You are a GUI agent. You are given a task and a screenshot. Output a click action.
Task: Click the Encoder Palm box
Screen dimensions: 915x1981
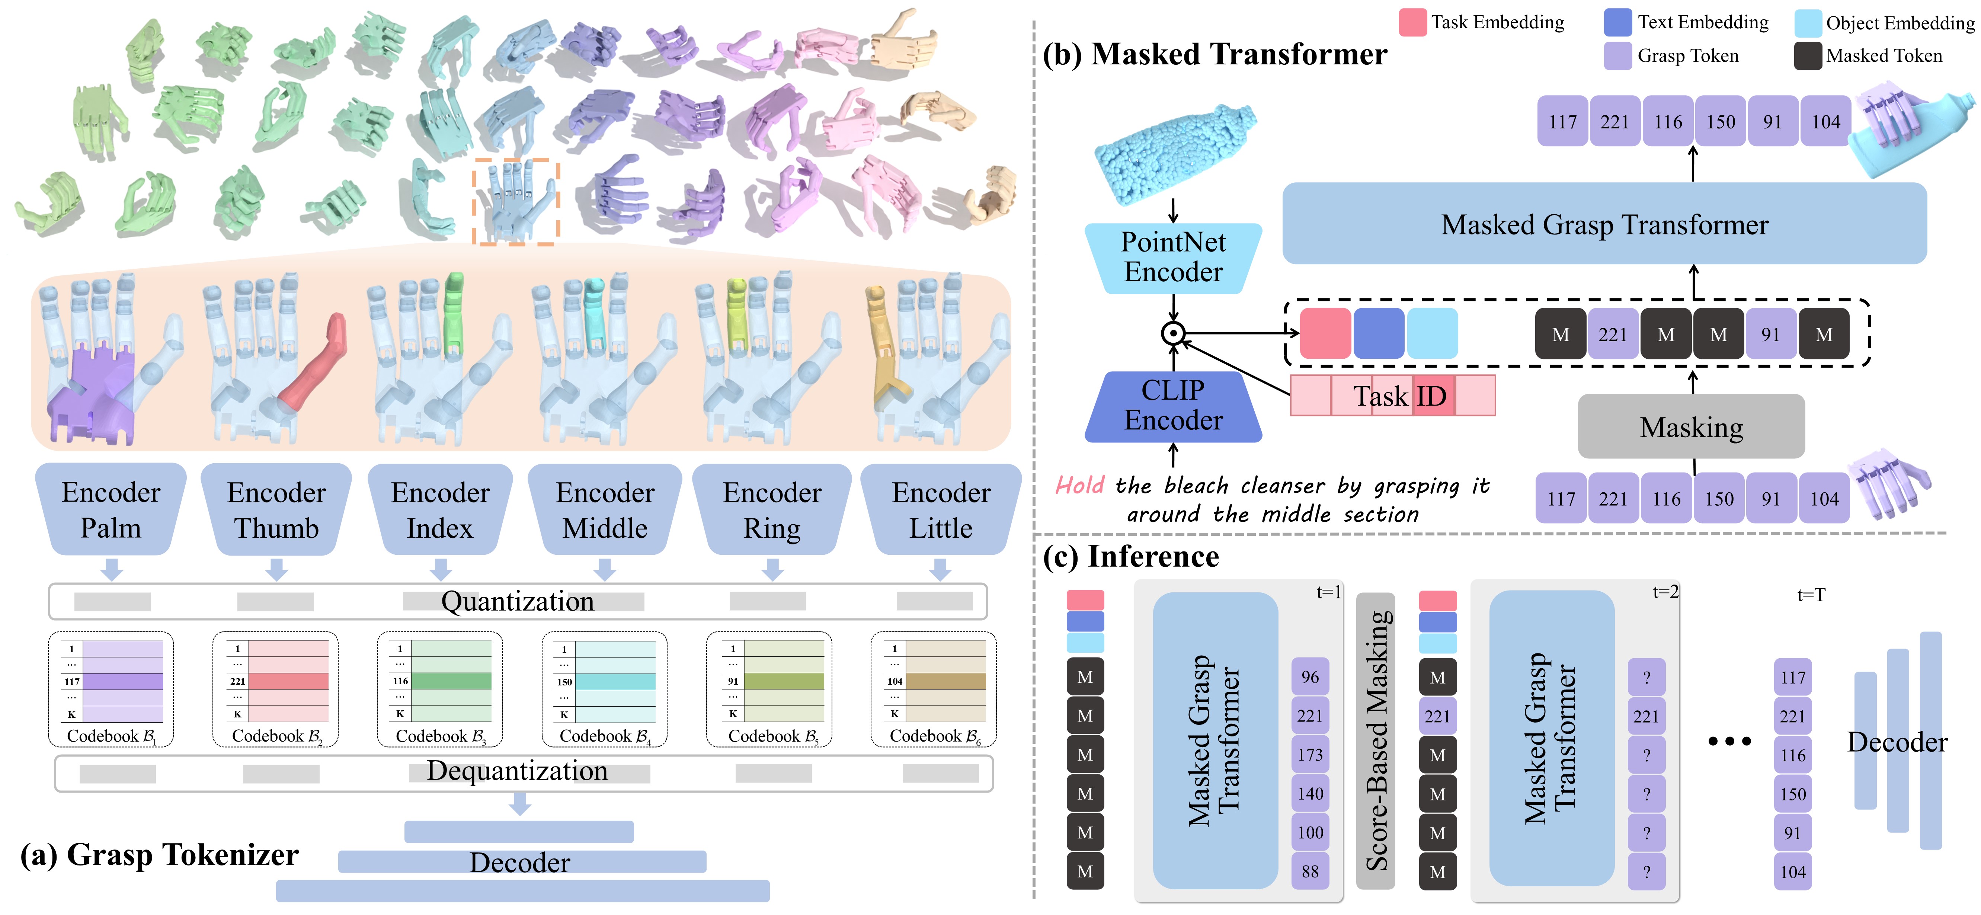click(111, 509)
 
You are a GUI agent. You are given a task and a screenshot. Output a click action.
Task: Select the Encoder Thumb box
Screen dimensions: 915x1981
click(276, 509)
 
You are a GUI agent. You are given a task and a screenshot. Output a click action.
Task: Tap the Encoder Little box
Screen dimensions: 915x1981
click(941, 509)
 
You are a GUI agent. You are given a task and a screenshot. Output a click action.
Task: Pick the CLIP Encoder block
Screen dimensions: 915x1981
click(1173, 406)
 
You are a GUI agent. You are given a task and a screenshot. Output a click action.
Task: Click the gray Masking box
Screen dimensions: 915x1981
click(1691, 427)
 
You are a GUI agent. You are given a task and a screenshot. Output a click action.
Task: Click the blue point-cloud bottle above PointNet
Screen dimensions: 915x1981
click(1173, 154)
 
